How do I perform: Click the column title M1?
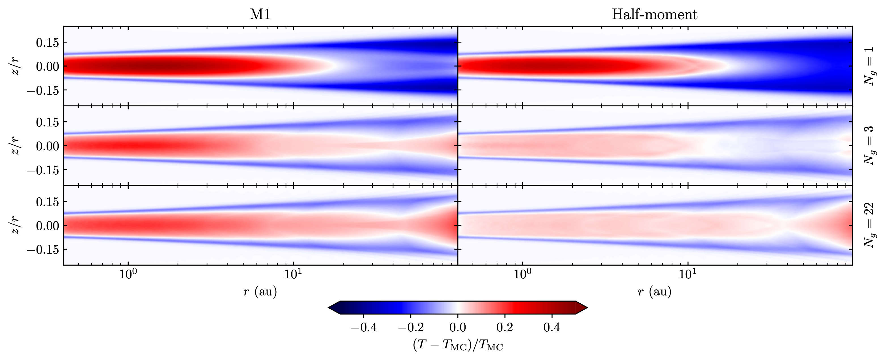coord(260,14)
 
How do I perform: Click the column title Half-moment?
coord(655,14)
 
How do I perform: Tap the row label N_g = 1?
coord(869,66)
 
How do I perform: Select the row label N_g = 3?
coord(869,146)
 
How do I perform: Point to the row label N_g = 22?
coord(869,225)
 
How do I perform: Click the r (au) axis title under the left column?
coord(260,292)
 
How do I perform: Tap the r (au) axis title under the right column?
coord(655,292)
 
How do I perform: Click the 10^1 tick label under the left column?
coord(293,275)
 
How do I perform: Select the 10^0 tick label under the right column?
coord(522,275)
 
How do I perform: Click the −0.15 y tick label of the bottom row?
coord(43,249)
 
